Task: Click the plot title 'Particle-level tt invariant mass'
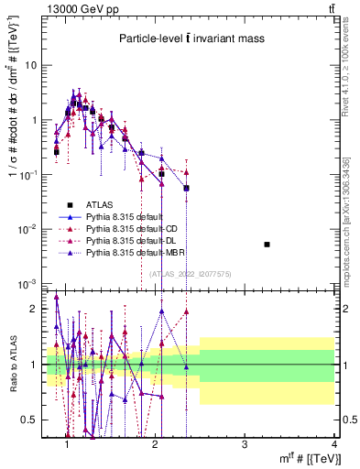191,38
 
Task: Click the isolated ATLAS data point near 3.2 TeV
267,245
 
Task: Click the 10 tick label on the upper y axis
30,65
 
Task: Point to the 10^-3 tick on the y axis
27,283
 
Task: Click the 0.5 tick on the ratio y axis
29,420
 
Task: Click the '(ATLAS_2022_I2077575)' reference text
191,273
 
